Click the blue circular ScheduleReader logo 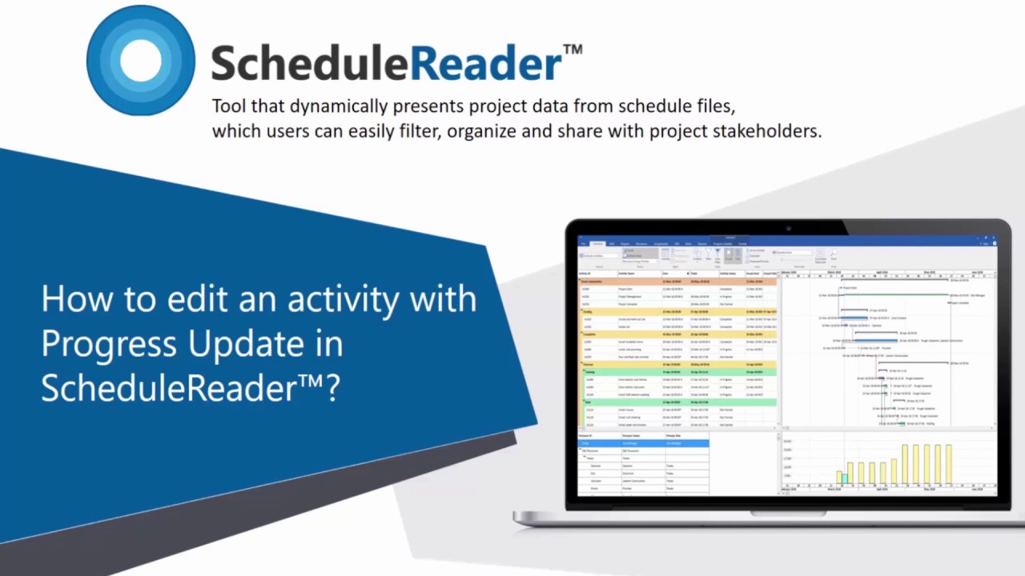coord(141,61)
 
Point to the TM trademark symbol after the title coord(573,50)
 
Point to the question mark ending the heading coord(332,388)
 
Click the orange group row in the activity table coord(677,282)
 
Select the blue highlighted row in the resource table coord(643,442)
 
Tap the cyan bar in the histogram coord(844,478)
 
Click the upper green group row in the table coord(677,371)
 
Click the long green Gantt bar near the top coord(897,294)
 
